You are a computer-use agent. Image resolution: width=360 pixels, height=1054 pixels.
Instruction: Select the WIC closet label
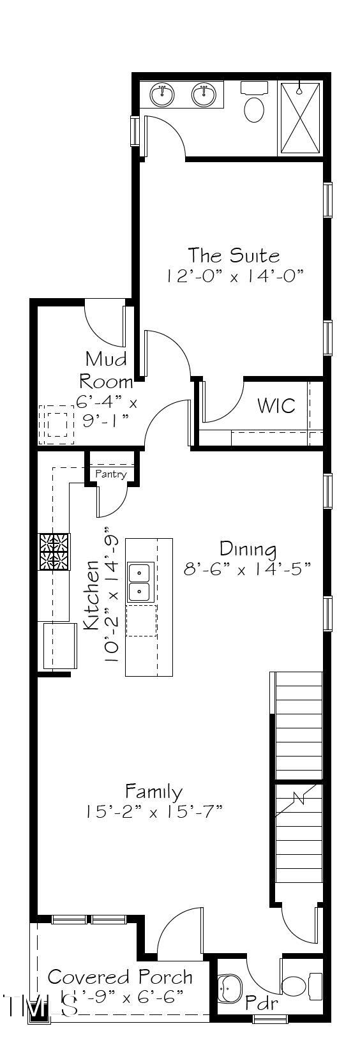point(276,405)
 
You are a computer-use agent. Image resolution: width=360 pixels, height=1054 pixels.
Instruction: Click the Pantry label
point(111,474)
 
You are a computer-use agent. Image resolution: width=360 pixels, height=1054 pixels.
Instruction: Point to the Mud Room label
point(106,370)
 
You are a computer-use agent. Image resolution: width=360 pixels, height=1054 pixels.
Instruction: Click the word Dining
point(248,548)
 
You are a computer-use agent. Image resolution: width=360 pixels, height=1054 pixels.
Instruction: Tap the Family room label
point(154,792)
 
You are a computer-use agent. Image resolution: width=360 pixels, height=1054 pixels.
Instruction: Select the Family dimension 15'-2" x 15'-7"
point(154,812)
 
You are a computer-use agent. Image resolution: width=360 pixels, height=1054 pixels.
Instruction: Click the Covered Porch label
point(120,977)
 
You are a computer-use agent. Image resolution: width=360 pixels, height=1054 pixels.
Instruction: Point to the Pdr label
point(262,1003)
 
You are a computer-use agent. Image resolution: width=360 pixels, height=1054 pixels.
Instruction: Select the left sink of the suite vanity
point(162,96)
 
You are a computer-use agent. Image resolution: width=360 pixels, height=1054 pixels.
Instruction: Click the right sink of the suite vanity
point(204,96)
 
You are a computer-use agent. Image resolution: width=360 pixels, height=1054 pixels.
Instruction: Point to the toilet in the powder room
point(300,986)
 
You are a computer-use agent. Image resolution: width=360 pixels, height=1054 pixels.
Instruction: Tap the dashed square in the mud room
point(56,425)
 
